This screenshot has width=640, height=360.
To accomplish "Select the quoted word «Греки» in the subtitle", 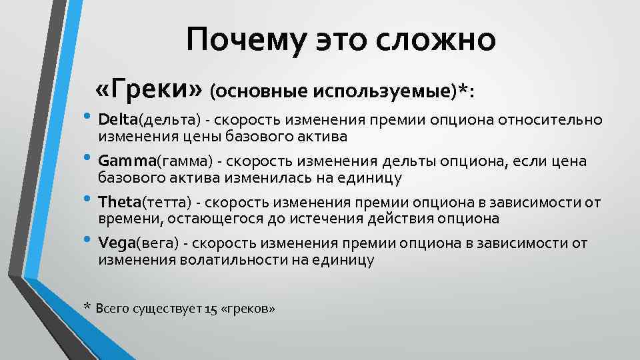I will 149,87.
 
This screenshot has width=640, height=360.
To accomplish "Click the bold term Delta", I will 117,120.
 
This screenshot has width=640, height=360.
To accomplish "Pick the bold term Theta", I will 118,202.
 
